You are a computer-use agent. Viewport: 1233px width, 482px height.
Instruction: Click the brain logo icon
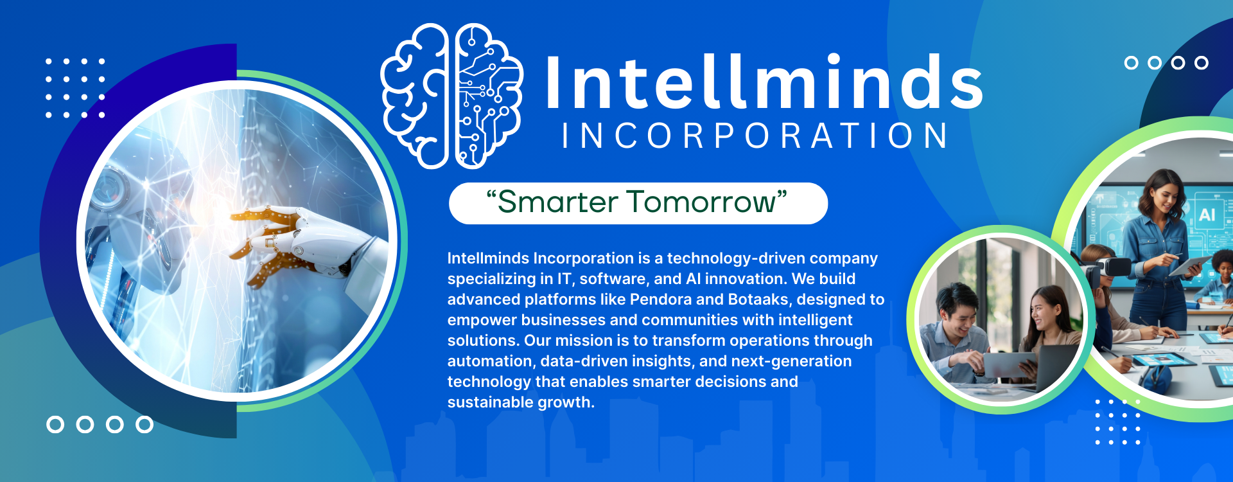(x=452, y=96)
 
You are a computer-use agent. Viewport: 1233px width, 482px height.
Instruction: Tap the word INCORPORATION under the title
(x=755, y=136)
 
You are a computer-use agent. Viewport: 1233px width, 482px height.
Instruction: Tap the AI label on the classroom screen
(x=1207, y=214)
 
